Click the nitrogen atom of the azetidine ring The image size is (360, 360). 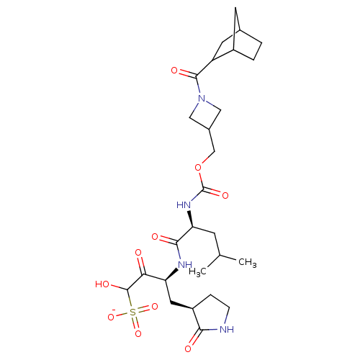click(x=202, y=99)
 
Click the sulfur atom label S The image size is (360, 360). click(x=132, y=312)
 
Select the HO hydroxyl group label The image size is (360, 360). click(x=102, y=284)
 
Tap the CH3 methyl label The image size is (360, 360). click(x=248, y=262)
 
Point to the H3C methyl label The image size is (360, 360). click(x=197, y=272)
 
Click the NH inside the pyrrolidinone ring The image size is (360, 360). click(x=227, y=329)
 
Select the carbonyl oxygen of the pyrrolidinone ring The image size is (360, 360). click(x=188, y=348)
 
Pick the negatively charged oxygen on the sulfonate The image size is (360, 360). click(x=111, y=318)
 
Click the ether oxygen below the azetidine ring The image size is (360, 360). click(x=198, y=168)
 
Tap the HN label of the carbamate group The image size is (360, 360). click(x=184, y=205)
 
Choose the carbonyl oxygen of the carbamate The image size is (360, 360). click(x=225, y=196)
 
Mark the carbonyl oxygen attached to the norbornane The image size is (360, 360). click(x=174, y=71)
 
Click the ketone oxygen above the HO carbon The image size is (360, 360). click(x=138, y=253)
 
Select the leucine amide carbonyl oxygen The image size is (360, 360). click(x=155, y=237)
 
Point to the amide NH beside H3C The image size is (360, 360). click(x=185, y=265)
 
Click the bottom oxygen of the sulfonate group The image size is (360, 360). click(x=138, y=333)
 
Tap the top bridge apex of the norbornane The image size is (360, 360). click(x=235, y=8)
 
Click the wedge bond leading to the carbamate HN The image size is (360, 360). click(x=190, y=219)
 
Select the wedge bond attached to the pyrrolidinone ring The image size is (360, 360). click(x=181, y=305)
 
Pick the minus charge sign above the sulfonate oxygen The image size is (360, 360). click(x=114, y=310)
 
